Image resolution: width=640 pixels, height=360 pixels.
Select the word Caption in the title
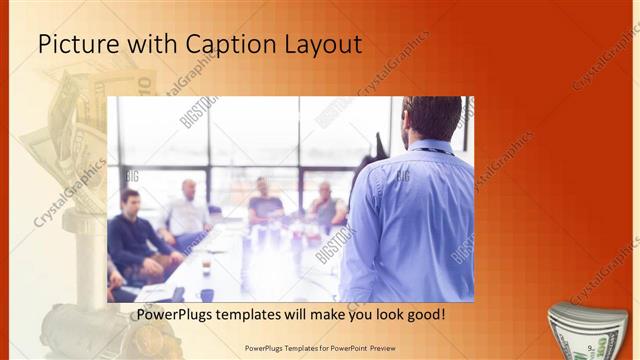coord(219,44)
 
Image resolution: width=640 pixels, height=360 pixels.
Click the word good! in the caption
coord(425,315)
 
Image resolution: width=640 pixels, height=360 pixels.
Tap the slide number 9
coord(592,346)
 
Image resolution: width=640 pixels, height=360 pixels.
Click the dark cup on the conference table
coord(206,293)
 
